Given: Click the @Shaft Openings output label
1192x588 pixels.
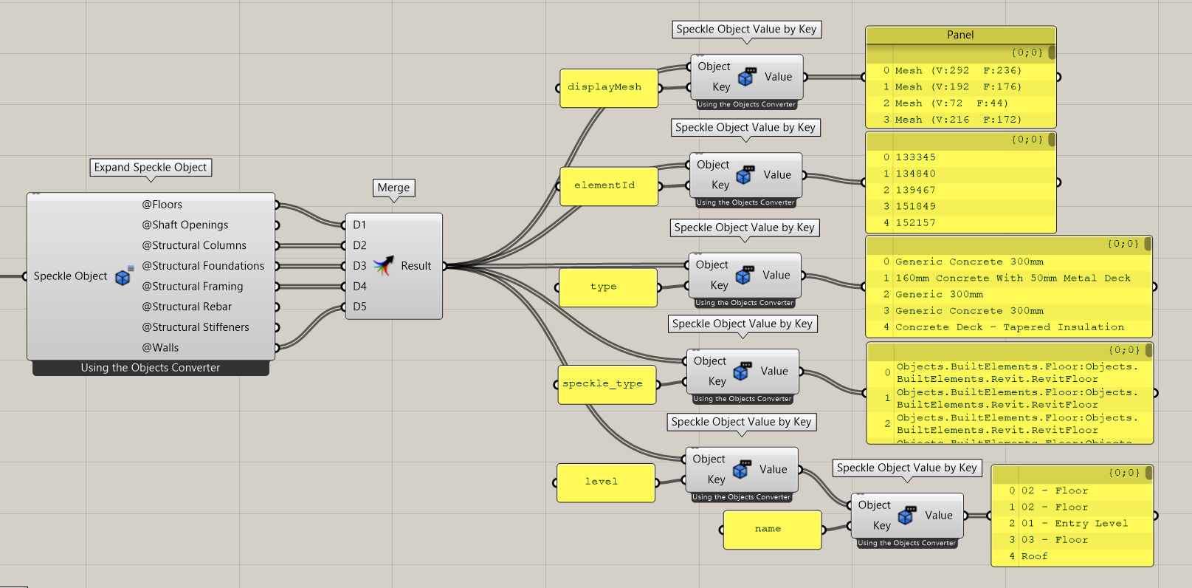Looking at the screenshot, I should coord(185,225).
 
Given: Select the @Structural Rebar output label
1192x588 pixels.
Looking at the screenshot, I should coord(187,307).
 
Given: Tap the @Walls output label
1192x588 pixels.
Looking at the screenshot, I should coord(161,348).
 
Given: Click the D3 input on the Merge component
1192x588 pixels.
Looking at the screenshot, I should coord(359,266).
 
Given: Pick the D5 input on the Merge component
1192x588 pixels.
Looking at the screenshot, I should coord(359,307).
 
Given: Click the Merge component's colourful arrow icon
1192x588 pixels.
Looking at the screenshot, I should coord(383,266).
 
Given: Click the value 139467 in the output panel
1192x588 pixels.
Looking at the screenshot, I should coord(915,191).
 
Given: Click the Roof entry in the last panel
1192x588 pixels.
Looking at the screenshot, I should coord(1034,556).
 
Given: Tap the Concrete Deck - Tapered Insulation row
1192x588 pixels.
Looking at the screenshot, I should coord(1009,327).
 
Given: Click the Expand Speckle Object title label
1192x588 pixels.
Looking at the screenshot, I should coord(151,168).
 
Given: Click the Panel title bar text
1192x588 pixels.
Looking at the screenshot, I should coord(960,35).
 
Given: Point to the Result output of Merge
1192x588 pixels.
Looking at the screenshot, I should coord(416,266).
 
